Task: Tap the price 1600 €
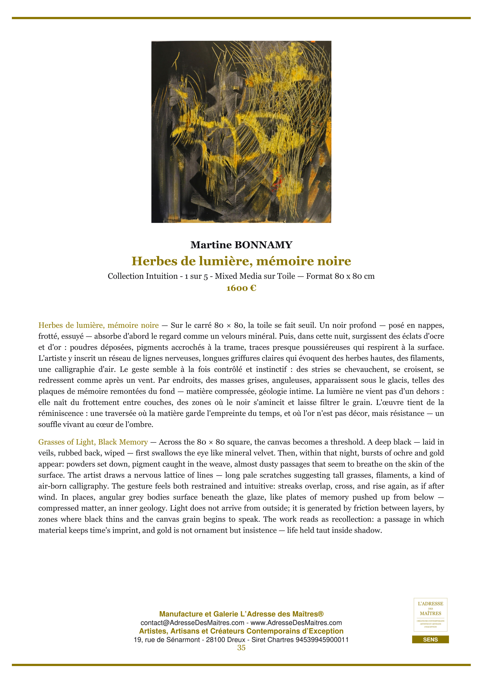click(x=241, y=288)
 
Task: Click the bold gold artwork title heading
click(x=241, y=261)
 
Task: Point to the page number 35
click(x=241, y=648)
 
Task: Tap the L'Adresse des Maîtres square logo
click(x=430, y=615)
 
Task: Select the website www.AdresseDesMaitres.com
click(x=296, y=623)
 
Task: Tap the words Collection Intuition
click(x=143, y=276)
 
